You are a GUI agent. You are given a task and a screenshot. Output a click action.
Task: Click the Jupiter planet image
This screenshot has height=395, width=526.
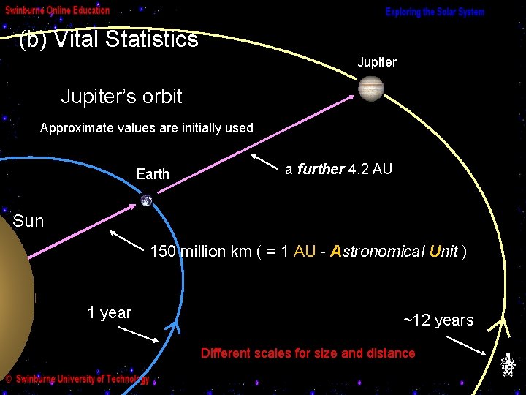(370, 89)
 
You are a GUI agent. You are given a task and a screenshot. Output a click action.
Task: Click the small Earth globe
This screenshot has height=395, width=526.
(147, 200)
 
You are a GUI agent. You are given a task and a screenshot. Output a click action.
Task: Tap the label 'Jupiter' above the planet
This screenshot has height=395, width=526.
(377, 62)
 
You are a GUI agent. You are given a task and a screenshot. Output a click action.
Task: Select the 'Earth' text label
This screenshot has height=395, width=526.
(153, 174)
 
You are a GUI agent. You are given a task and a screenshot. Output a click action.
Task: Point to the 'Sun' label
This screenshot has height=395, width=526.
(28, 221)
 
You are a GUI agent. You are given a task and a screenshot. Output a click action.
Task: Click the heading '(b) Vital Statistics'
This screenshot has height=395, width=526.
(108, 39)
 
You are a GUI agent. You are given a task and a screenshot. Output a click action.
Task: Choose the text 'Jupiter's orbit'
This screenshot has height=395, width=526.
(121, 96)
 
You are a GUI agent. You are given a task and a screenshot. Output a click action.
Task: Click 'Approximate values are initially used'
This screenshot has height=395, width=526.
(146, 128)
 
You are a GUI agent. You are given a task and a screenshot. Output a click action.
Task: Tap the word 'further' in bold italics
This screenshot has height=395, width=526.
(321, 169)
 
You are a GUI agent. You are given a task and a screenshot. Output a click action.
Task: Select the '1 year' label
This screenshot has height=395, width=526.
(110, 313)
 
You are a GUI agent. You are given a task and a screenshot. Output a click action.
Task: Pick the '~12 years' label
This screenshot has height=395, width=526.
(438, 320)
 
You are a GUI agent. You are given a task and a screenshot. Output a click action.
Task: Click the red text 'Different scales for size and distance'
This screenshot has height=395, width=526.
(308, 353)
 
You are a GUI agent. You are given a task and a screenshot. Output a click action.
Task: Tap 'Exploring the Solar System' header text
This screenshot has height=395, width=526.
(435, 12)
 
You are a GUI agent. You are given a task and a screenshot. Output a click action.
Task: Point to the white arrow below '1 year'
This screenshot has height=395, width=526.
(138, 334)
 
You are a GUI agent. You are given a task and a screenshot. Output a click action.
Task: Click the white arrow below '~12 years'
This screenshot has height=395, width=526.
(469, 345)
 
